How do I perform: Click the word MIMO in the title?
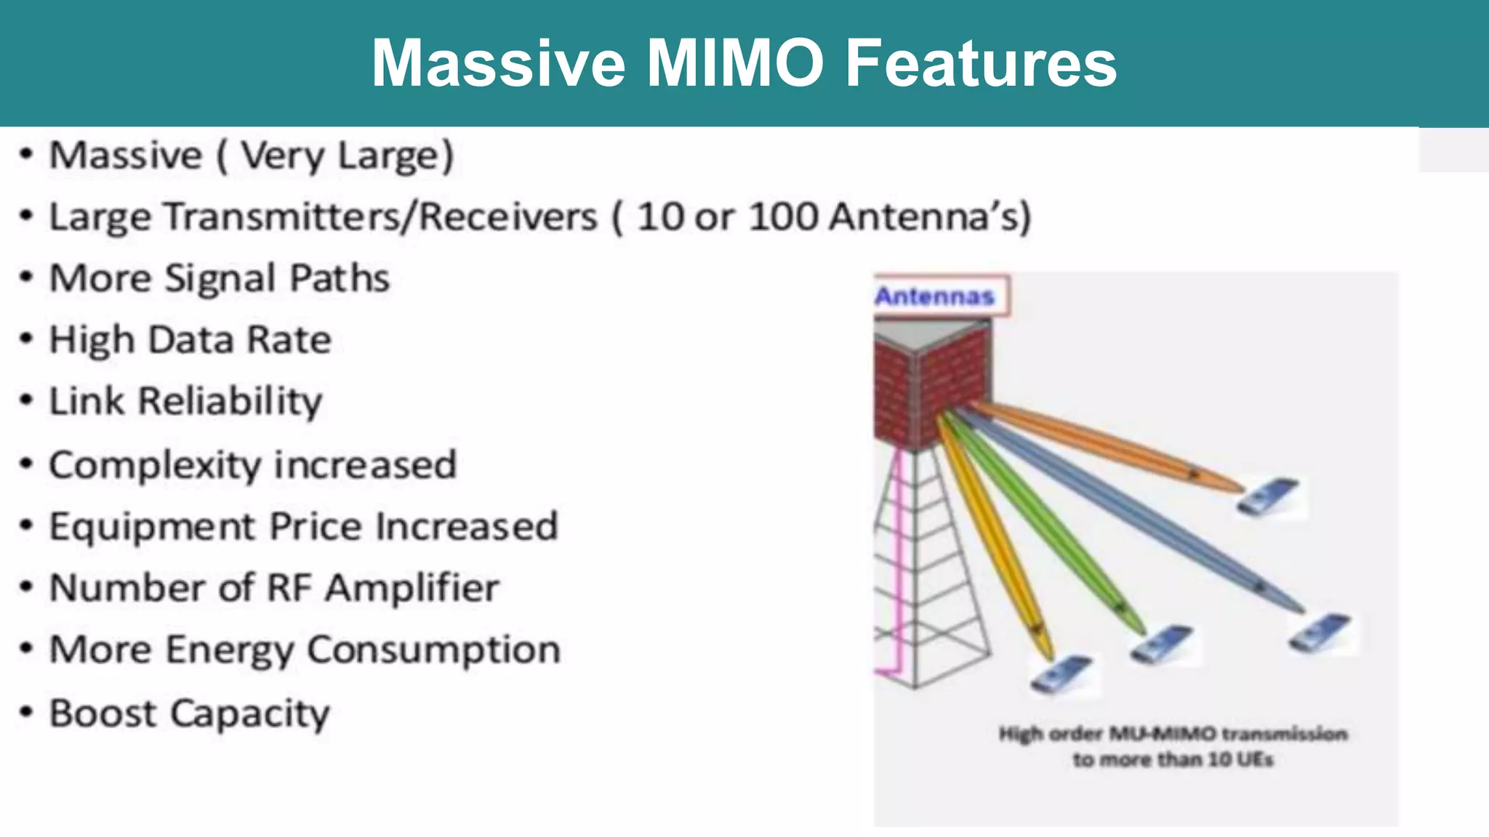[734, 63]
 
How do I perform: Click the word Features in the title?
[981, 63]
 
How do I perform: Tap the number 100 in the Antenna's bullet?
[784, 217]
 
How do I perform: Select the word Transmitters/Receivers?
[323, 217]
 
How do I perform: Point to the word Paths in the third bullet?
[340, 278]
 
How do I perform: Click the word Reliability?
[230, 401]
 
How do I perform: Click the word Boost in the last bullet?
[103, 713]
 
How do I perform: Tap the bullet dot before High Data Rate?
[27, 339]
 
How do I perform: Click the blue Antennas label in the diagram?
[934, 296]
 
